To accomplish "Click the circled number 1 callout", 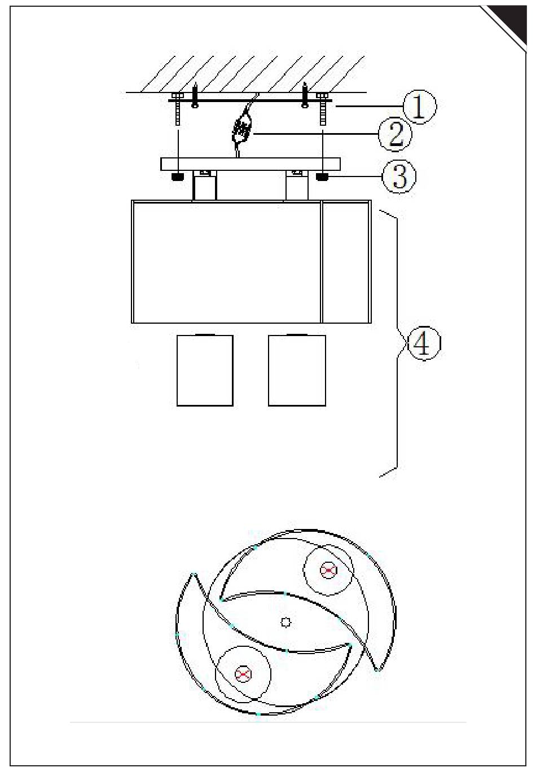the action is tap(419, 108).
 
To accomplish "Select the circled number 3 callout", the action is tap(399, 177).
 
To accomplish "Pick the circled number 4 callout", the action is tap(423, 343).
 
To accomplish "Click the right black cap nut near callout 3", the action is tap(323, 177).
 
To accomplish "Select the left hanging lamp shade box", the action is tap(205, 370).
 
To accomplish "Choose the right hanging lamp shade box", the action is tap(297, 370).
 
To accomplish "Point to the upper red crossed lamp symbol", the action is tap(328, 571).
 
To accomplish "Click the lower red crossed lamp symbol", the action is tap(243, 673).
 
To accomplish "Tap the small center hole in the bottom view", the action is tap(286, 622).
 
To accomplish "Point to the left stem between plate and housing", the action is tap(205, 186).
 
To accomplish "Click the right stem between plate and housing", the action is tap(297, 186).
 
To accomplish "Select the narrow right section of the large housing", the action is tap(346, 262).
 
